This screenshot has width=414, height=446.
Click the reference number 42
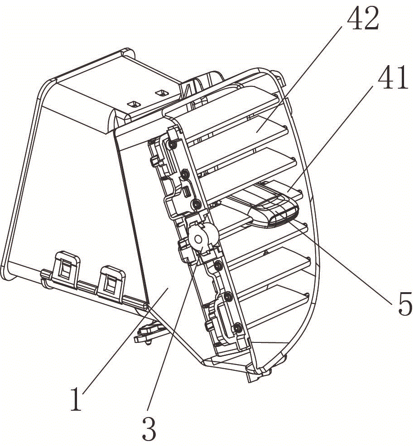[362, 18]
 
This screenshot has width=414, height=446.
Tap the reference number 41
[393, 77]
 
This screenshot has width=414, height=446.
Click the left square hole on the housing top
[134, 104]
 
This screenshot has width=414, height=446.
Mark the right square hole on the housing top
[161, 93]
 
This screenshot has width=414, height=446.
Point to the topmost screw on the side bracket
[172, 144]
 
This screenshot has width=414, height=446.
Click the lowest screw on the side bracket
[238, 328]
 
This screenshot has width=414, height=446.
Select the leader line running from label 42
[299, 78]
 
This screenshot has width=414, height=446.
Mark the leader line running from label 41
[330, 138]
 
